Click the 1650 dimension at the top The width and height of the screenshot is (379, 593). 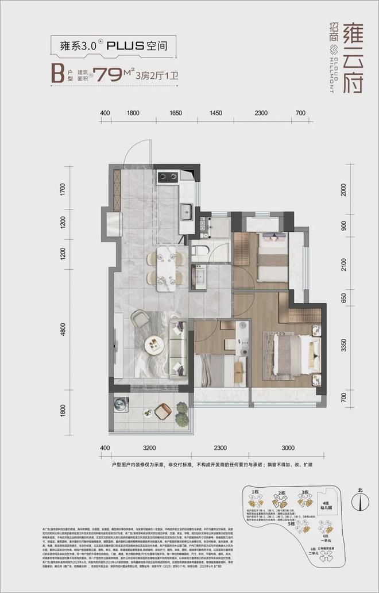[x=176, y=113]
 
